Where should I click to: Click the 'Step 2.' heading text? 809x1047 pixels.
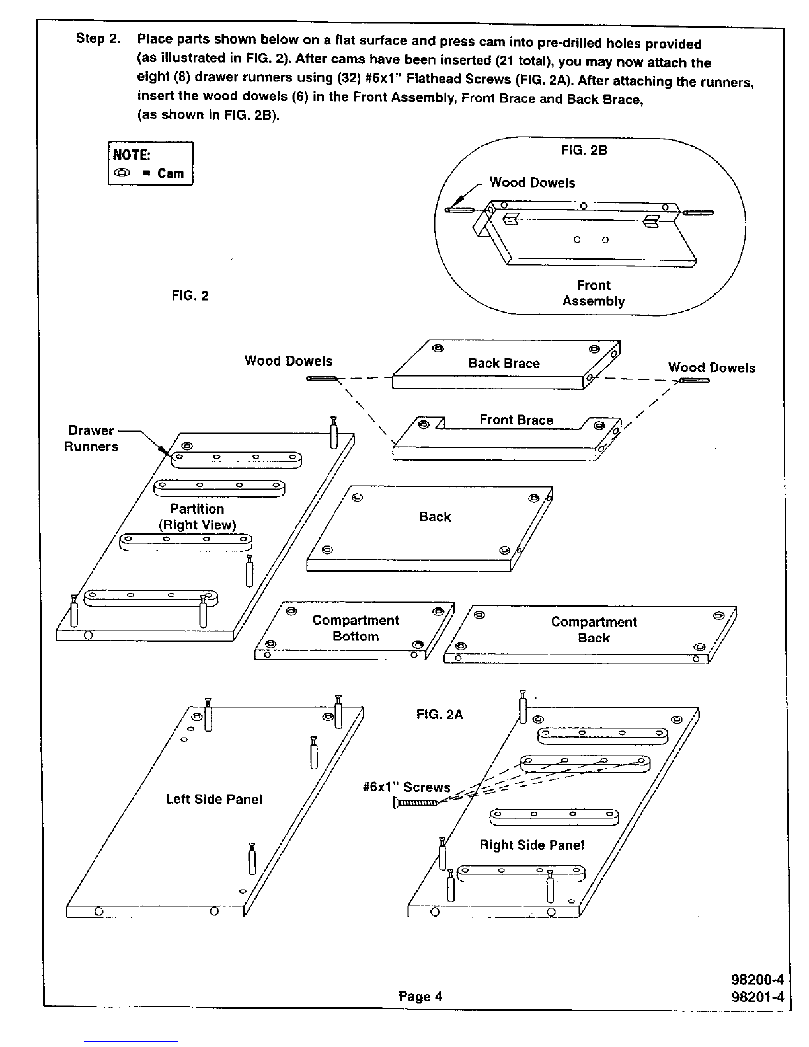click(x=98, y=38)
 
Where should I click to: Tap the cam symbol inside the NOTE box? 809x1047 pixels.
click(x=122, y=173)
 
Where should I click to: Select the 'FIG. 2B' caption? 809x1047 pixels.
click(x=584, y=150)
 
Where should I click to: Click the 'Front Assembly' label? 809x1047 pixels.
click(x=594, y=293)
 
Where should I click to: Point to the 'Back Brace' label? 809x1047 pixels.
click(x=504, y=364)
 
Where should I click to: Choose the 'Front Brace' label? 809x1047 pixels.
click(x=516, y=420)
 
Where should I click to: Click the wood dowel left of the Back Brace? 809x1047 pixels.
click(x=321, y=379)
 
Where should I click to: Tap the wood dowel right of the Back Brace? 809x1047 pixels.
click(x=694, y=381)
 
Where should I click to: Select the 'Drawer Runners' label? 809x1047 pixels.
click(x=91, y=438)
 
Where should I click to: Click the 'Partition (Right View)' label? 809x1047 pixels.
click(x=198, y=517)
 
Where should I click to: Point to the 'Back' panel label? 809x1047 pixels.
click(x=435, y=516)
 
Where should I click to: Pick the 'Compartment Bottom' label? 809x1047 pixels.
click(x=356, y=629)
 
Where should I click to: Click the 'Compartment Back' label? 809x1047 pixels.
click(x=594, y=630)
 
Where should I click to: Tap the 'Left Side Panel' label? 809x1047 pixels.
click(x=214, y=799)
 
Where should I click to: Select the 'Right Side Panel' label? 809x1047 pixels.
click(x=531, y=845)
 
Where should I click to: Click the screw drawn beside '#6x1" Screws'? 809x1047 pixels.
click(x=415, y=802)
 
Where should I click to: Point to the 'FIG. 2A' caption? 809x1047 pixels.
click(x=440, y=715)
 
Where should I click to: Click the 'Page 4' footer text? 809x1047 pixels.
click(x=420, y=996)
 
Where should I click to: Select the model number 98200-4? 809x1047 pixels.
click(x=757, y=980)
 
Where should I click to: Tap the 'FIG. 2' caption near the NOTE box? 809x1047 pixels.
click(x=190, y=296)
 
